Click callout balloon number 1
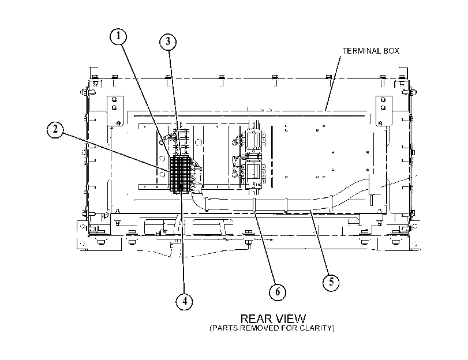[x=118, y=36]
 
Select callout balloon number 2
[x=55, y=130]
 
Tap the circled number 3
[x=168, y=42]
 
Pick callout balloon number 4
[x=184, y=301]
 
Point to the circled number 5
[x=331, y=282]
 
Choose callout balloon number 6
[x=278, y=292]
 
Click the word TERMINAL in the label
[x=361, y=51]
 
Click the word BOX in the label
[x=391, y=51]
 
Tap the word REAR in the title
[x=256, y=319]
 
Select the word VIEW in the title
[x=290, y=319]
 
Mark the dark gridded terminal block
[x=179, y=174]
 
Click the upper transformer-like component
[x=254, y=140]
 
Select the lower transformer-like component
[x=254, y=175]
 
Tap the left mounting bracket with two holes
[x=115, y=110]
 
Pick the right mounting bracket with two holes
[x=384, y=111]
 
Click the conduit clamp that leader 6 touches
[x=254, y=205]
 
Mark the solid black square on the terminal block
[x=181, y=187]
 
